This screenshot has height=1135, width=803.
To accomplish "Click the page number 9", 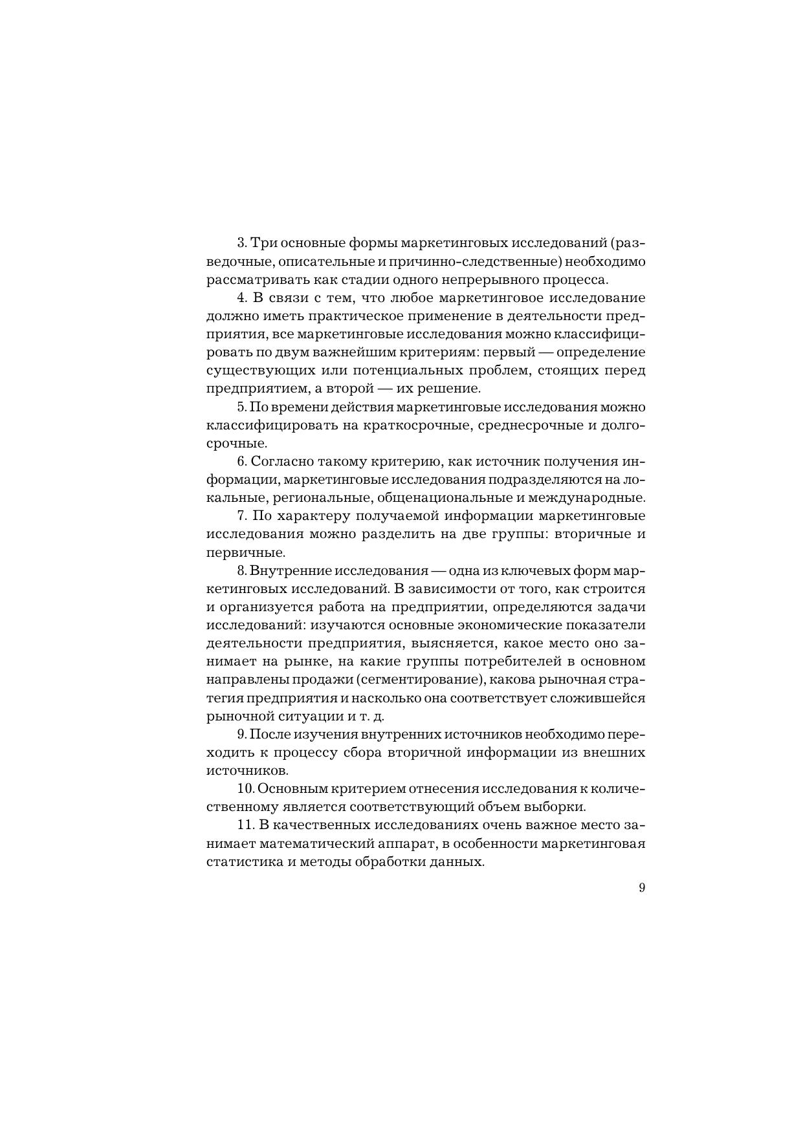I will [x=641, y=888].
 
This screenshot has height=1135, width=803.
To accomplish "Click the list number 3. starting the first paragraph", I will [x=242, y=243].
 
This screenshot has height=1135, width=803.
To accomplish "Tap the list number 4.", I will [x=243, y=298].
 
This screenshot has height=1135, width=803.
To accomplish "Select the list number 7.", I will [x=243, y=516].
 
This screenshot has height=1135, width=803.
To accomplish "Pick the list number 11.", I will [x=245, y=826].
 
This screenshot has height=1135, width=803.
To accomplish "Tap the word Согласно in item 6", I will [x=281, y=462].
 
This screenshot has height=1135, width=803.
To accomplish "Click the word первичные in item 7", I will [x=245, y=553].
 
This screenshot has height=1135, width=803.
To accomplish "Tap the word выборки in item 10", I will [x=560, y=807].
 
